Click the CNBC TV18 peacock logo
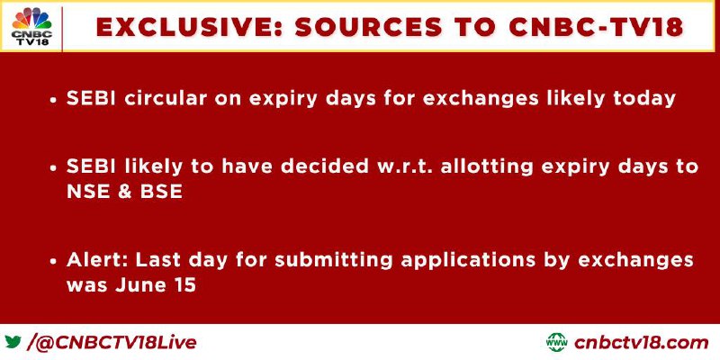[31, 27]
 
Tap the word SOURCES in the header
[369, 27]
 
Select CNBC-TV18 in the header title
[597, 27]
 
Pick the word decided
[325, 166]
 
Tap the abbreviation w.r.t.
[404, 167]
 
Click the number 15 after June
[184, 285]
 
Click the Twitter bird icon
[13, 342]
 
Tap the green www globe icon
[557, 342]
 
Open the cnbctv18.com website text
[641, 343]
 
